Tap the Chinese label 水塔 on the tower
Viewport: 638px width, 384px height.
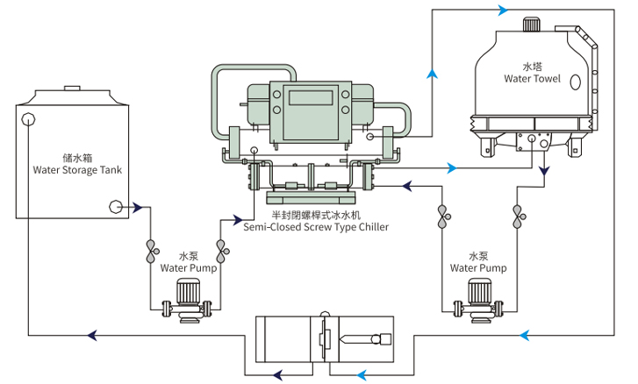point(532,66)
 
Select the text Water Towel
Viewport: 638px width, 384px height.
point(532,79)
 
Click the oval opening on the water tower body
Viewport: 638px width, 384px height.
point(576,82)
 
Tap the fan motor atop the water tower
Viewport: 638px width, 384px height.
point(532,26)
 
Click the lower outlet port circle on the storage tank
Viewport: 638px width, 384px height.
point(114,207)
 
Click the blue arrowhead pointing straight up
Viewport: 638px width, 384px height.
point(432,75)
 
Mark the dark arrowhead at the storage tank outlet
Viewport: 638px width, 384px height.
point(138,207)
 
